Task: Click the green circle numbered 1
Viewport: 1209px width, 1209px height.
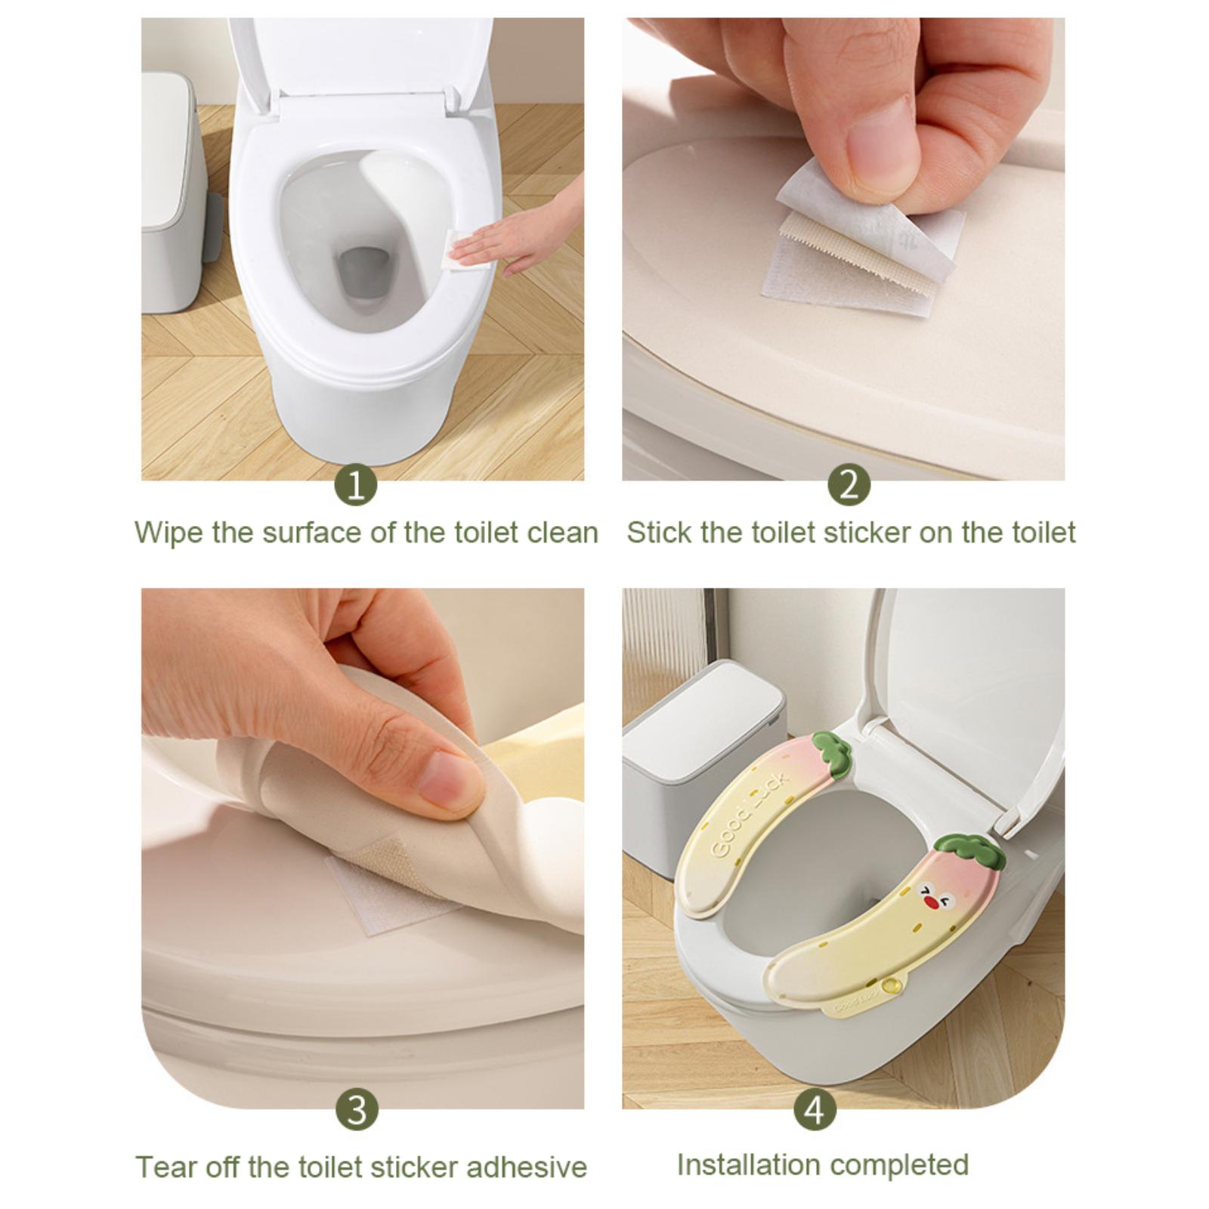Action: [x=356, y=484]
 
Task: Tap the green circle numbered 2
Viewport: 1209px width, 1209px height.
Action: [x=849, y=484]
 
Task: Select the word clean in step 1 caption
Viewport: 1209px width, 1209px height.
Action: [x=563, y=533]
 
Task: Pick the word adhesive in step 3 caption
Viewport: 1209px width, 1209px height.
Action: [x=526, y=1167]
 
